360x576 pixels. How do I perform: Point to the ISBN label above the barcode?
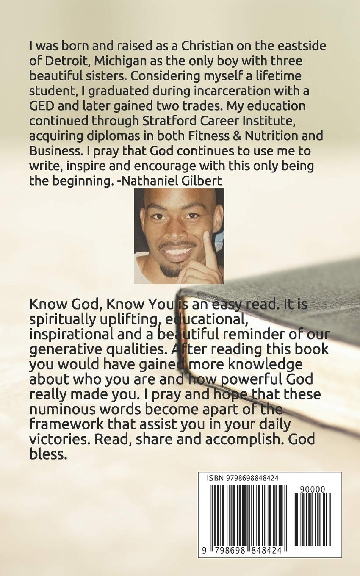click(215, 478)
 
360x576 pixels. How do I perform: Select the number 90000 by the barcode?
click(312, 489)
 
